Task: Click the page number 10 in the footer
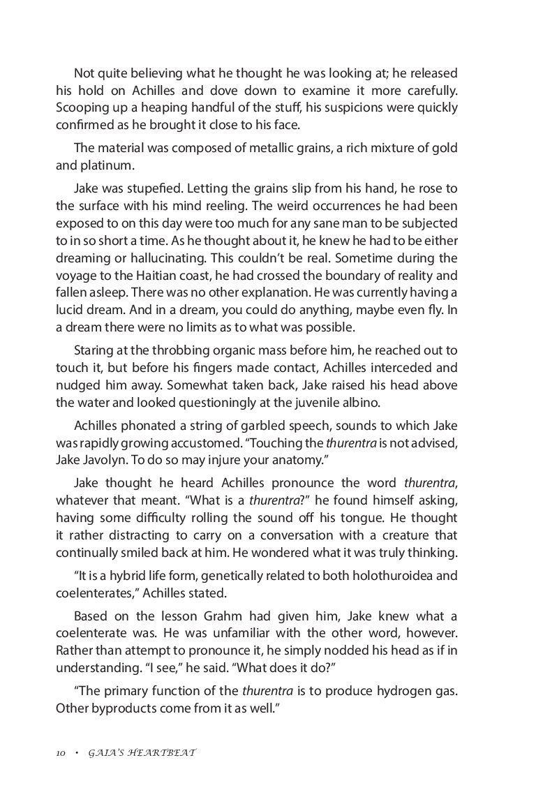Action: (x=61, y=754)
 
